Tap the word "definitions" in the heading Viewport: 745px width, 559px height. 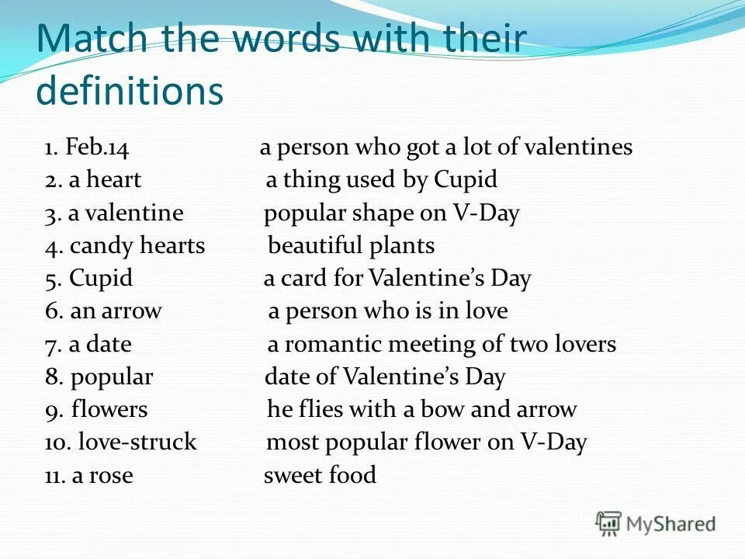[x=130, y=92]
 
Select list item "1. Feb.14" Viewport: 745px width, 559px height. [x=86, y=148]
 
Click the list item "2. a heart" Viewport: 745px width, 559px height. [x=93, y=180]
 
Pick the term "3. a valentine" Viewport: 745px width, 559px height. [x=114, y=213]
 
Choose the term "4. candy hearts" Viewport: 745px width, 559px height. [x=125, y=246]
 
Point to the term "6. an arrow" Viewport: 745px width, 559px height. [x=103, y=311]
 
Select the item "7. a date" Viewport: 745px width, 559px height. [x=88, y=344]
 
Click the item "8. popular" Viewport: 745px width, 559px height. [x=99, y=377]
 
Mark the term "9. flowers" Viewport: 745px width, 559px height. [x=96, y=409]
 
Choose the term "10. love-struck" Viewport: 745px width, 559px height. [x=120, y=443]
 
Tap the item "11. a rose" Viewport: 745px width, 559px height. [x=88, y=475]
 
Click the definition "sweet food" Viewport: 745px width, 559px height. [x=320, y=475]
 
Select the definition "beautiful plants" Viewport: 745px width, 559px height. [x=351, y=246]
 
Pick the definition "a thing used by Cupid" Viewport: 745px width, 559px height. [x=381, y=180]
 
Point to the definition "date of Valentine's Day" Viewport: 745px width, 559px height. [x=385, y=377]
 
